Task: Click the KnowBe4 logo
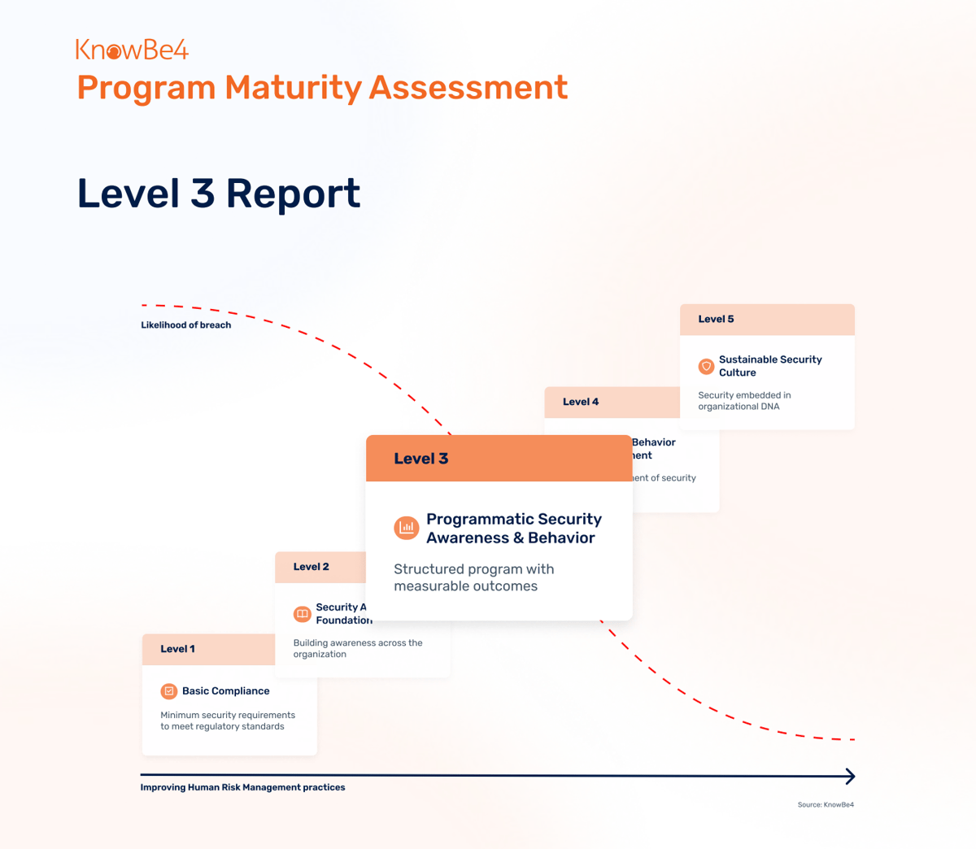[x=132, y=50]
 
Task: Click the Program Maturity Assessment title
[x=322, y=88]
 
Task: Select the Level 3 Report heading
[x=219, y=194]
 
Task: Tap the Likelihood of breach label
[x=185, y=325]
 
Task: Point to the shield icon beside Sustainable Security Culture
[x=706, y=366]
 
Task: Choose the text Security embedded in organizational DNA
[x=744, y=401]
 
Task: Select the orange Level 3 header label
[x=421, y=459]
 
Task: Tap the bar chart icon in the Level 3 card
[x=407, y=528]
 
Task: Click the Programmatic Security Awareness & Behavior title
[x=514, y=529]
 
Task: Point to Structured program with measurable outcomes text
[x=473, y=577]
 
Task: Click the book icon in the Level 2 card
[x=302, y=614]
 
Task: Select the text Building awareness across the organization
[x=358, y=648]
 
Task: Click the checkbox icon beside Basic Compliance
[x=169, y=691]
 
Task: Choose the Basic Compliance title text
[x=225, y=691]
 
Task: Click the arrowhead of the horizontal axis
[x=850, y=777]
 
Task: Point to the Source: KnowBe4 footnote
[x=826, y=805]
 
